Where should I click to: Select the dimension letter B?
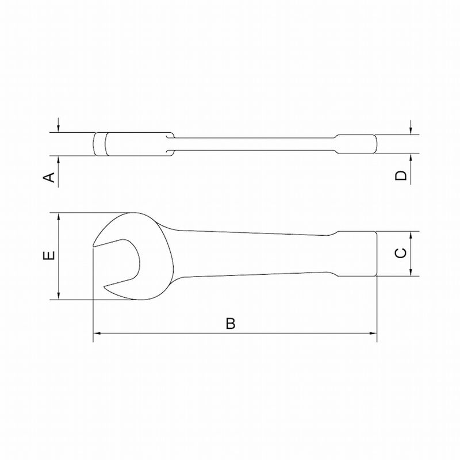pos(230,324)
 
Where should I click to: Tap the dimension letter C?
pos(402,253)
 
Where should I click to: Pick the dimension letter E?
pos(51,255)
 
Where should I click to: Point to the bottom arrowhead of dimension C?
pos(411,273)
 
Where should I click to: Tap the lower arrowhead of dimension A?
pos(59,159)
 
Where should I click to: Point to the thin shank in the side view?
pos(253,145)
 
